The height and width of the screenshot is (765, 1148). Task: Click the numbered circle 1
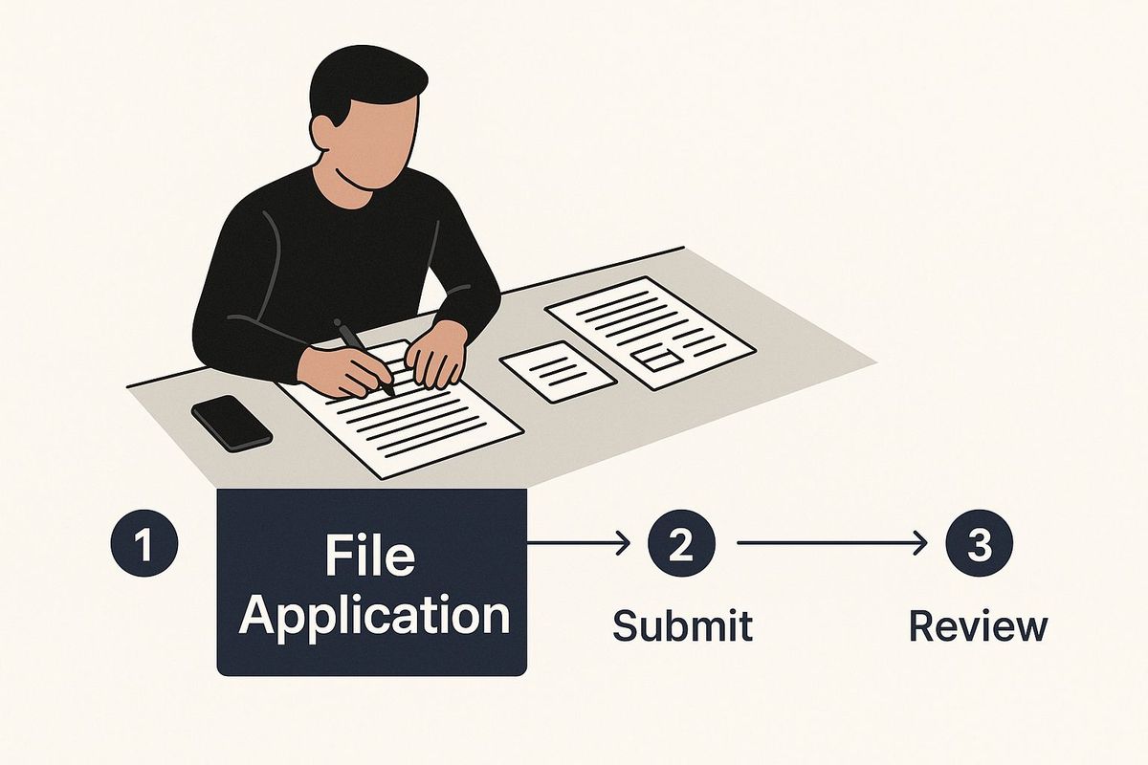click(144, 543)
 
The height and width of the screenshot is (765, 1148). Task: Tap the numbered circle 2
click(681, 543)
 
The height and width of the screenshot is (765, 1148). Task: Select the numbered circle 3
click(980, 543)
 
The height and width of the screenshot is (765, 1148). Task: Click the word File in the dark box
click(370, 556)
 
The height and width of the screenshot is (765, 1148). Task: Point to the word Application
click(374, 617)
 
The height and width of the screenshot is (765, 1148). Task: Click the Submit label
click(683, 625)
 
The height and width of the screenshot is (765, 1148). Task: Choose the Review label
click(979, 625)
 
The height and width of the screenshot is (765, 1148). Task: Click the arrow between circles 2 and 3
click(831, 543)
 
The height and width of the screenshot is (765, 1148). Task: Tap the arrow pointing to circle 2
click(578, 543)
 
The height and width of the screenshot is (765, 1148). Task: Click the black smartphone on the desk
click(232, 423)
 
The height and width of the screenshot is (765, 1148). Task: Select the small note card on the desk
click(558, 371)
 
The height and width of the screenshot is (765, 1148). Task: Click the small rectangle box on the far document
click(656, 358)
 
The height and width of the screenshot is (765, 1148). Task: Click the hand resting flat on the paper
click(437, 355)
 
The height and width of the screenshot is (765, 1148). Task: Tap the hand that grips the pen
click(342, 370)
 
